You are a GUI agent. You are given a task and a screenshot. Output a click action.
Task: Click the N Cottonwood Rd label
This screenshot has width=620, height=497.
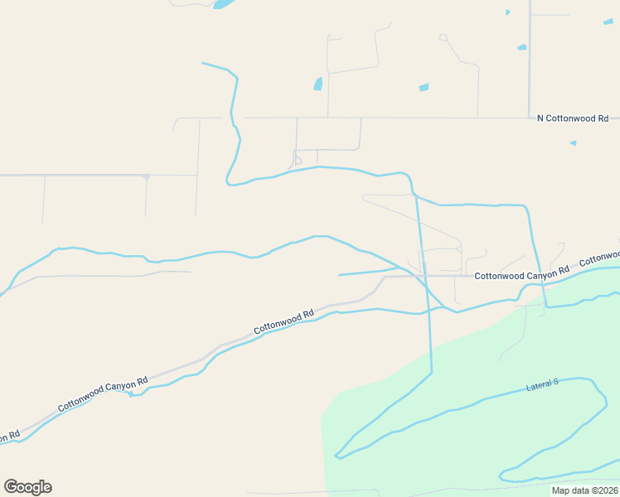tap(573, 118)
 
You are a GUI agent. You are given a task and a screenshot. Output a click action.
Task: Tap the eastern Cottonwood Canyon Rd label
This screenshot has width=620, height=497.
tap(521, 273)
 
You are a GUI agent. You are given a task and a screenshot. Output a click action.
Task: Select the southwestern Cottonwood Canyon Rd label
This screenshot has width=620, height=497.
tap(103, 394)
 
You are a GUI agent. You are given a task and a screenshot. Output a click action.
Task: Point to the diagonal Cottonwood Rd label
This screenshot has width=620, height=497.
tap(283, 321)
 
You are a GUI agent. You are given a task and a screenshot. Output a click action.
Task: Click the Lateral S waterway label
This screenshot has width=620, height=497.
tap(543, 385)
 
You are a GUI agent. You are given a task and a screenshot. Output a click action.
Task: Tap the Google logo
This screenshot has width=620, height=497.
tap(28, 486)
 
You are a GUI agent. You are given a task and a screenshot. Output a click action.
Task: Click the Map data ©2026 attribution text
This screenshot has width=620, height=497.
tap(584, 490)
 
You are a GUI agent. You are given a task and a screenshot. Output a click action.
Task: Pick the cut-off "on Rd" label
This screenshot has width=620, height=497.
tap(9, 437)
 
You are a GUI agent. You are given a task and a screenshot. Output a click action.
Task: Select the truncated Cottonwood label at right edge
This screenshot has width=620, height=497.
tap(599, 259)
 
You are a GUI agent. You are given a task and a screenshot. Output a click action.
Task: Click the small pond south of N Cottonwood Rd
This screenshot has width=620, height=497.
tap(573, 142)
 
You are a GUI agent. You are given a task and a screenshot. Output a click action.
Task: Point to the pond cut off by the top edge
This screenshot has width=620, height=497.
tap(222, 3)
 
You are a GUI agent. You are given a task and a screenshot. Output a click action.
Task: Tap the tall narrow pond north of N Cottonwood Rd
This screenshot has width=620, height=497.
tap(317, 84)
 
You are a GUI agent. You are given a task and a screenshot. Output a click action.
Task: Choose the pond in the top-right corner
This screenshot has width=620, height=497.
tap(608, 22)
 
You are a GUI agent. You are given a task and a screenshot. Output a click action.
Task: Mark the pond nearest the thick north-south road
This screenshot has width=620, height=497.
tap(521, 47)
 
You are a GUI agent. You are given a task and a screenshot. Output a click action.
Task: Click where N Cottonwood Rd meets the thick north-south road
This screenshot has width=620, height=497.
tap(530, 118)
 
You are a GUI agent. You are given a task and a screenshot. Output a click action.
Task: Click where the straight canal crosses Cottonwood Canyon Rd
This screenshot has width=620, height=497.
tap(424, 276)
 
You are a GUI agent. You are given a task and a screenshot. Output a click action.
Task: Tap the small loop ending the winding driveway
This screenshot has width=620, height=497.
tap(443, 37)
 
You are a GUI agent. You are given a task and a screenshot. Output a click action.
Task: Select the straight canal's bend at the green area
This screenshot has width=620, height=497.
tap(432, 372)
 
